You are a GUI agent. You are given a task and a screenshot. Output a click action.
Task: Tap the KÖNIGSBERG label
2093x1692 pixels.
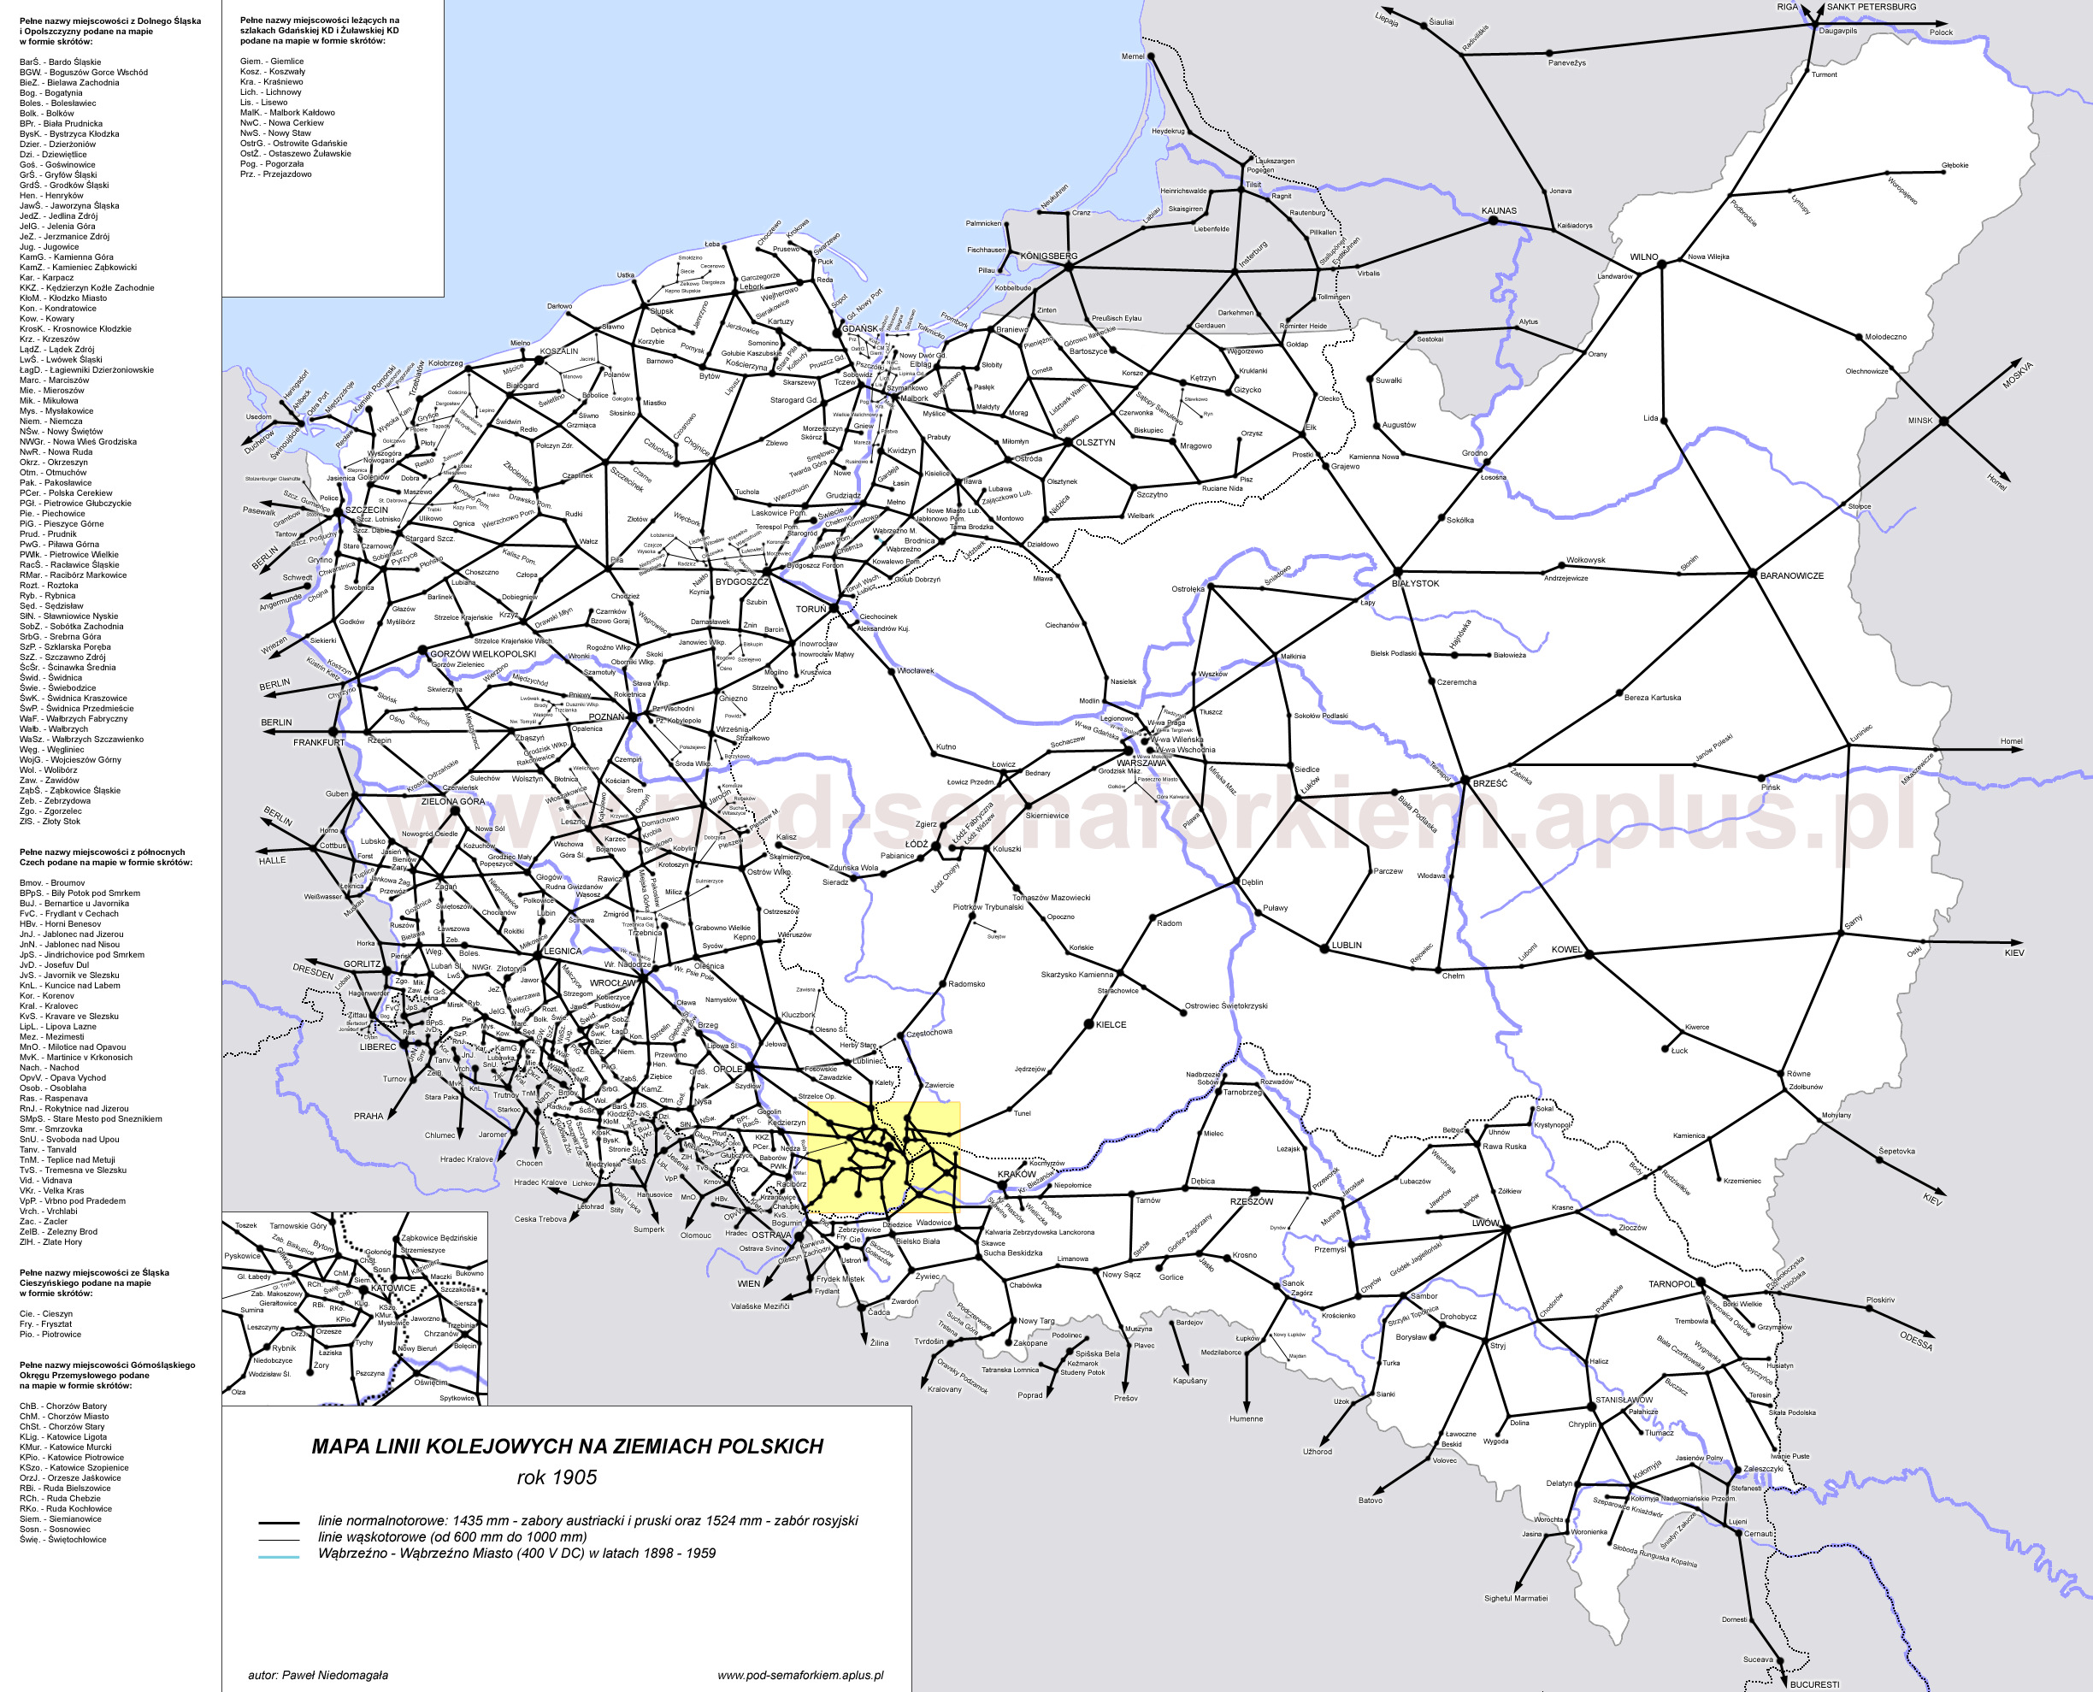[1048, 256]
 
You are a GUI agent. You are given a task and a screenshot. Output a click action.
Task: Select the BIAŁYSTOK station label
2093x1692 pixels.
[1415, 584]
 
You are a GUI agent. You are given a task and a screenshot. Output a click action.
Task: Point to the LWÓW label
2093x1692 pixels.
[1485, 1223]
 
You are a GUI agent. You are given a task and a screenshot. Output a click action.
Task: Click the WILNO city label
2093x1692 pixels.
[1644, 257]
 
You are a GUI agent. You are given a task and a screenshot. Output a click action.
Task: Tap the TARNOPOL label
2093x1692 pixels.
[1671, 1283]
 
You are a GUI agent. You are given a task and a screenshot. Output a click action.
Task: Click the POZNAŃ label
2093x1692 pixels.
[606, 716]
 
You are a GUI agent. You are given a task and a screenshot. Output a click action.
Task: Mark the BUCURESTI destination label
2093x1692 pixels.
[1814, 1684]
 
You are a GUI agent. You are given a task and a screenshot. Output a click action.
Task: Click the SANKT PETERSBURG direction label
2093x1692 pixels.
[1871, 7]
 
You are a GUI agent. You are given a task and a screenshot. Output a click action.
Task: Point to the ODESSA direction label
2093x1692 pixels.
[1916, 1341]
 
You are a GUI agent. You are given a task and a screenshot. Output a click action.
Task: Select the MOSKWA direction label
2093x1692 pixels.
[2017, 375]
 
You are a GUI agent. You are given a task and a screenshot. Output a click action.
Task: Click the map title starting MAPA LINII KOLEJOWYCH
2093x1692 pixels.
[567, 1447]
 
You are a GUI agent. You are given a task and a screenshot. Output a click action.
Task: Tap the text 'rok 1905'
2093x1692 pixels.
[557, 1477]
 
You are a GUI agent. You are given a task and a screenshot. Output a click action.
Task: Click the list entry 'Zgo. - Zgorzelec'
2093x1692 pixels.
[50, 811]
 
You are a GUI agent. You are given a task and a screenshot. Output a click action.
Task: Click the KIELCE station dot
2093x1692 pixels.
[1089, 1024]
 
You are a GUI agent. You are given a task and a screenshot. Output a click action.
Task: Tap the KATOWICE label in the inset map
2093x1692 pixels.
[393, 1288]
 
